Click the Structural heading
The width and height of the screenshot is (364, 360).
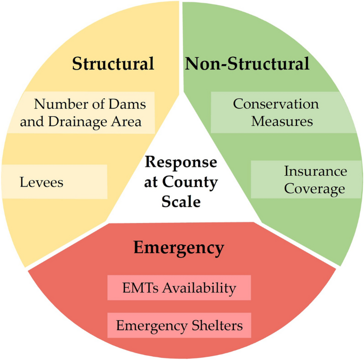click(x=113, y=64)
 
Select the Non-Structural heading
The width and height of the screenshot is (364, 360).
click(x=247, y=64)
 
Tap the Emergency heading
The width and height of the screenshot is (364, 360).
click(x=179, y=247)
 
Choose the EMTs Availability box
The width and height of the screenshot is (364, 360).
click(x=179, y=288)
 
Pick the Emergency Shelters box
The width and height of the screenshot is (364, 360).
click(x=179, y=325)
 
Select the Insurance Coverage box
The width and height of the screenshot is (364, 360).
click(x=306, y=180)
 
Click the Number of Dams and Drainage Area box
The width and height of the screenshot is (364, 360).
click(x=81, y=113)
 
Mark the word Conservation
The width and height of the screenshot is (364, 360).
click(x=276, y=104)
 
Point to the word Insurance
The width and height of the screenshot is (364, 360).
click(x=315, y=172)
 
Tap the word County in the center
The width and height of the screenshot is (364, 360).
click(x=196, y=182)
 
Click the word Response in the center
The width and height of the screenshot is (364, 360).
click(x=181, y=162)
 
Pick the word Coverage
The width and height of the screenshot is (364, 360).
click(x=315, y=188)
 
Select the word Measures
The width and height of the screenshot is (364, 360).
click(x=282, y=121)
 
